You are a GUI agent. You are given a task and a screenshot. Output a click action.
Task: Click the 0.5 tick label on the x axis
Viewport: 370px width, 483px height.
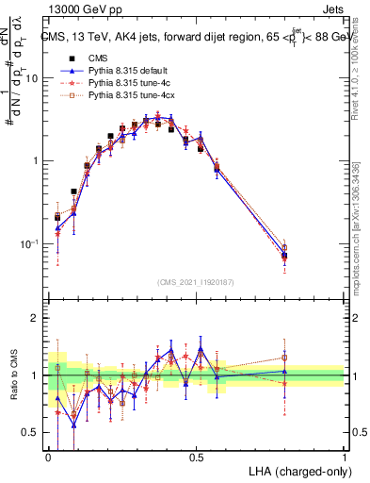coord(196,456)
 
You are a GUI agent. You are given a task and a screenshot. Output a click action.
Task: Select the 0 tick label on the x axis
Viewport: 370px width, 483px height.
coord(48,456)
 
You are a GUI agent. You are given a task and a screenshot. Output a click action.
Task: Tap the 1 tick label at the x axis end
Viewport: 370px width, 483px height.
coord(345,456)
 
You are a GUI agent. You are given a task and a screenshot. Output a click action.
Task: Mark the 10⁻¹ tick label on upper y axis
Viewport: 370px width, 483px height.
coord(31,243)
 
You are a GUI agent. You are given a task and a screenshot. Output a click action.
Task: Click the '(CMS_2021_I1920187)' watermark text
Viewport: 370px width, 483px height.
coord(196,282)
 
